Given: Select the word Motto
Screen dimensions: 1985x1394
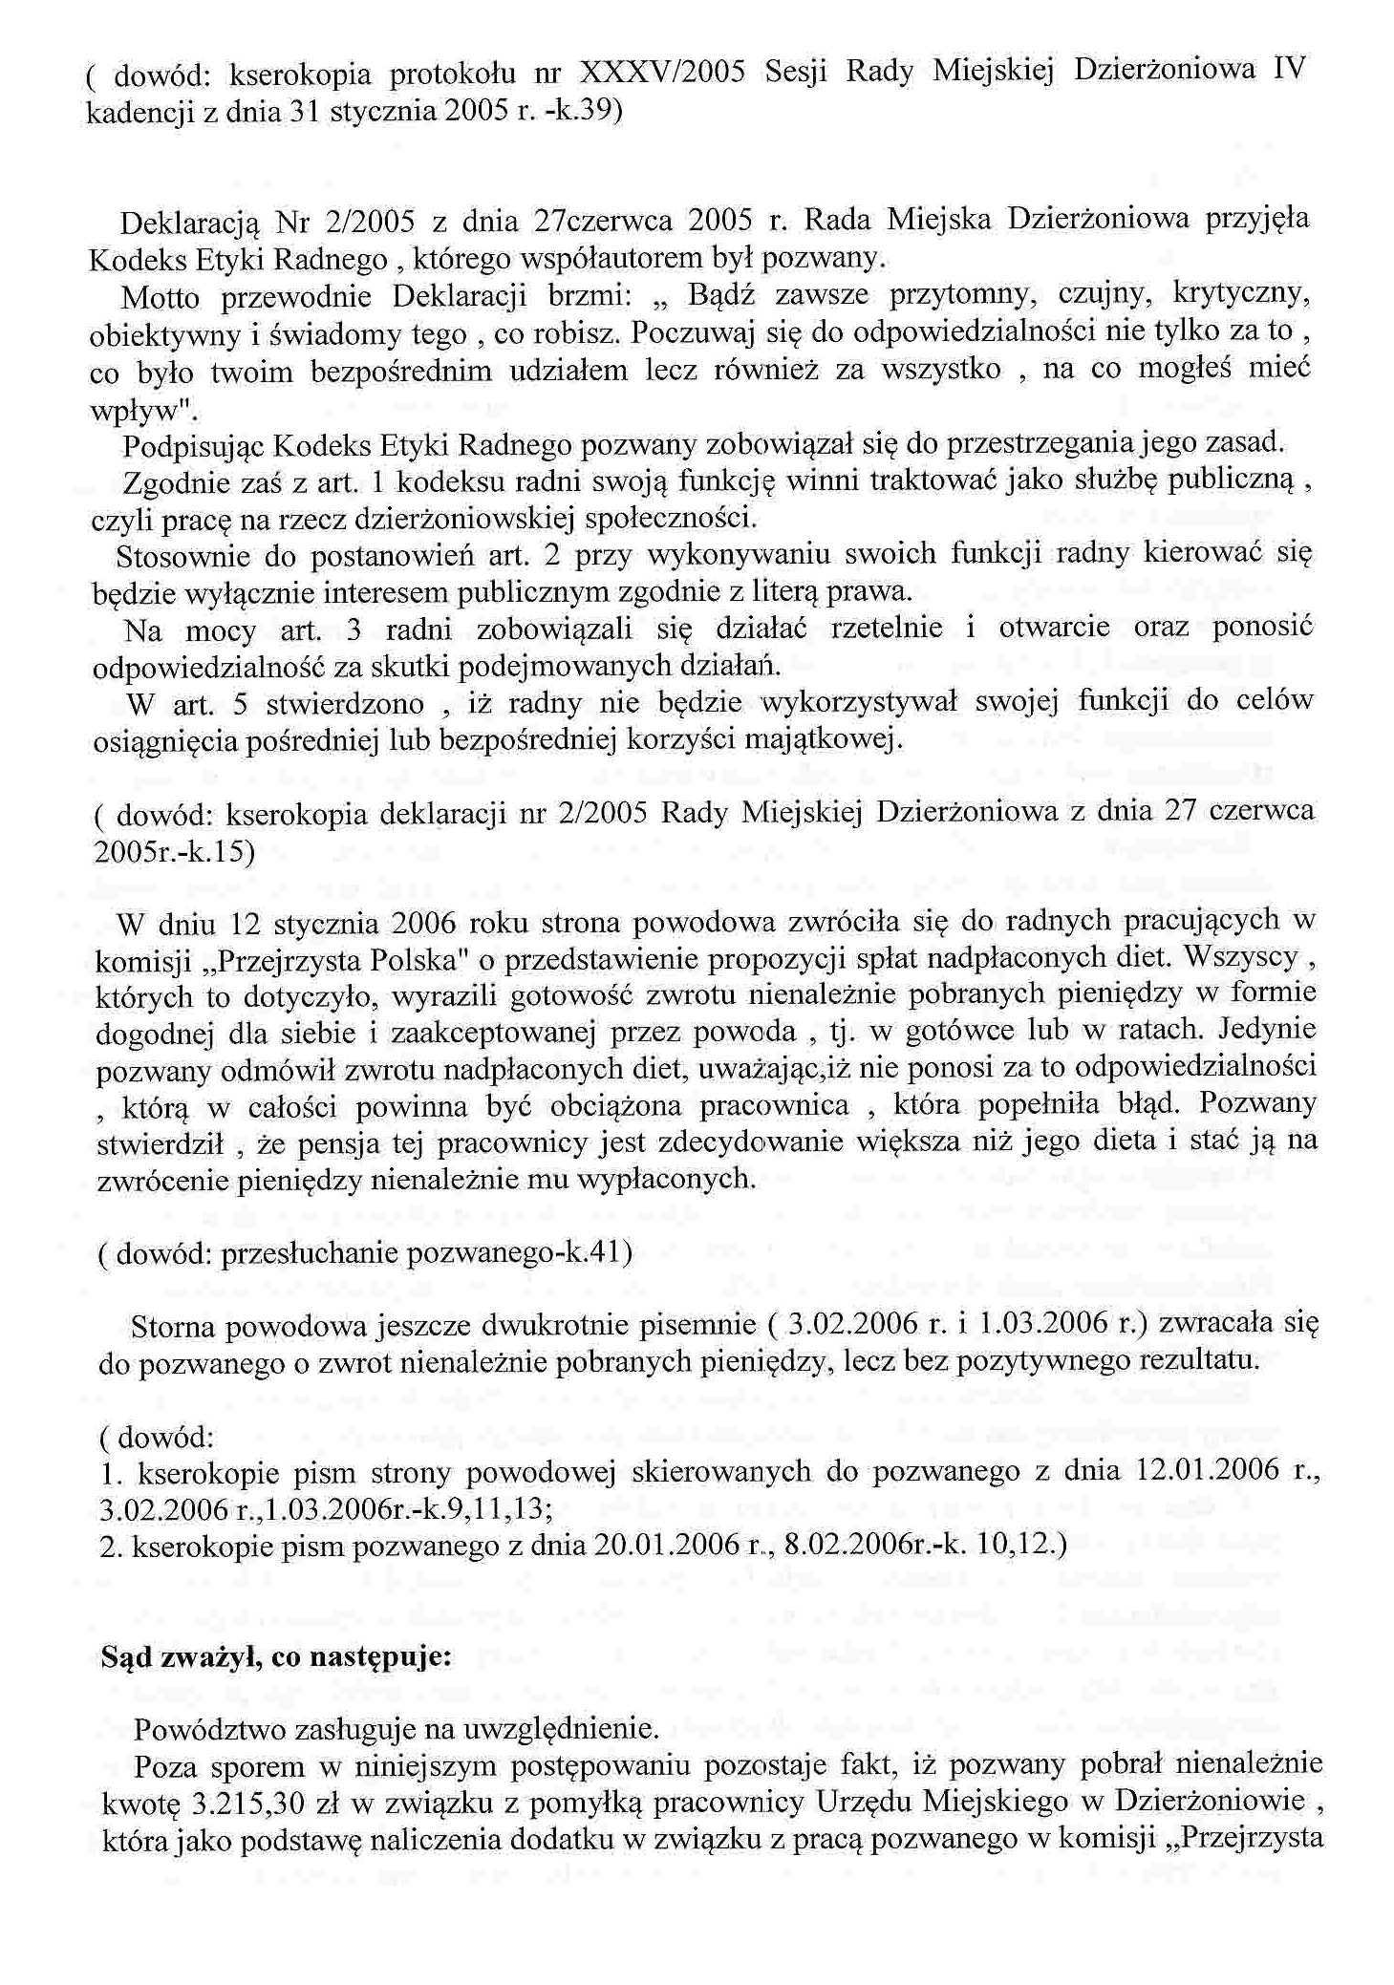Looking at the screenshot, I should click(x=161, y=298).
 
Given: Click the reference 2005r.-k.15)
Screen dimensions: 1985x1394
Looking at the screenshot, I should click(x=175, y=852).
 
